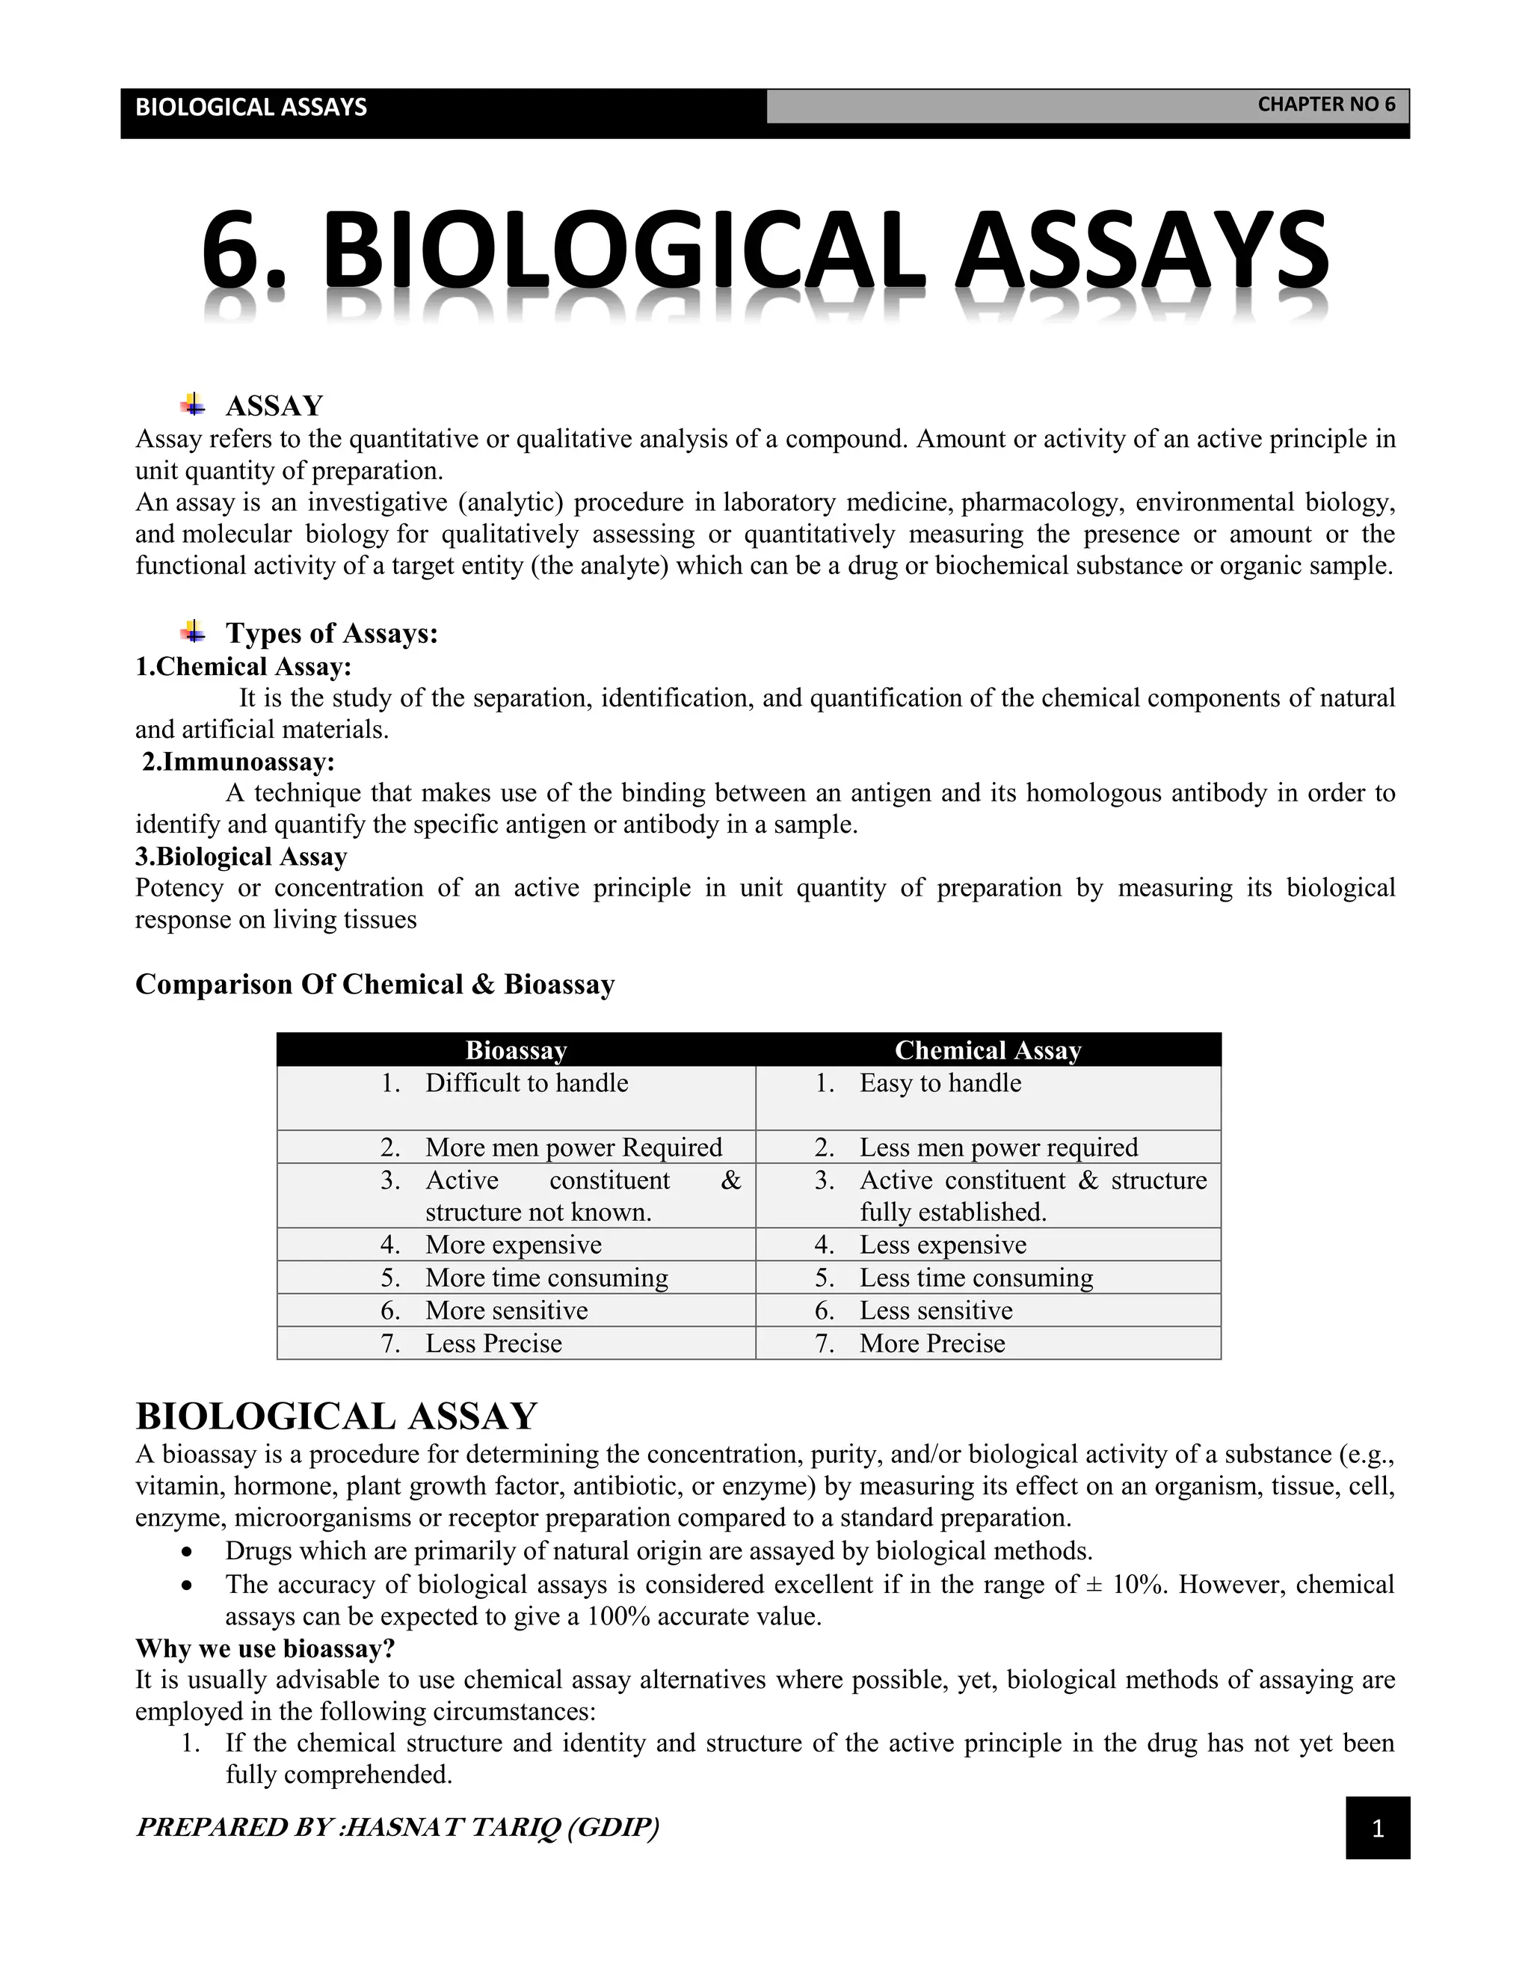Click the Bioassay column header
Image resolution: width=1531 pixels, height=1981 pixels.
(x=515, y=1050)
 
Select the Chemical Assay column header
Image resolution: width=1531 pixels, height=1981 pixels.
(x=988, y=1050)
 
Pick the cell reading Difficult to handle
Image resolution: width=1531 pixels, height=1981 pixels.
(x=526, y=1083)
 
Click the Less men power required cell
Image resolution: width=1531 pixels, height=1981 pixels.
(x=998, y=1147)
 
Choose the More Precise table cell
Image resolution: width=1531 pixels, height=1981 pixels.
(x=931, y=1343)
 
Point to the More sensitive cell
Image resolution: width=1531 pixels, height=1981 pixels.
(x=506, y=1310)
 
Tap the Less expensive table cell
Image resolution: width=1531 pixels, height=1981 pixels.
(x=943, y=1245)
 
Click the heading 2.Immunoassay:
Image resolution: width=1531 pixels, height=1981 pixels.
(x=238, y=761)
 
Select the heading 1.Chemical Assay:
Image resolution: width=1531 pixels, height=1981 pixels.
(x=243, y=667)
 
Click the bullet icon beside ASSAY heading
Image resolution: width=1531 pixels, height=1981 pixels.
(x=192, y=404)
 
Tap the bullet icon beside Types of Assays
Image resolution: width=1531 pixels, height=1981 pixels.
(x=192, y=630)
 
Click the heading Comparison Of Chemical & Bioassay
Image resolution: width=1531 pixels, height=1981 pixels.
(x=375, y=985)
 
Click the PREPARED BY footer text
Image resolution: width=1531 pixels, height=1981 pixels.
(x=397, y=1827)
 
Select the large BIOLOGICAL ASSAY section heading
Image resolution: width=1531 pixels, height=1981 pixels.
(x=336, y=1416)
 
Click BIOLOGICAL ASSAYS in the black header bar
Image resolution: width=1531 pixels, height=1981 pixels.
(x=250, y=107)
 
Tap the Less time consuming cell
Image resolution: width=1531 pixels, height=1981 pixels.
(x=976, y=1278)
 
